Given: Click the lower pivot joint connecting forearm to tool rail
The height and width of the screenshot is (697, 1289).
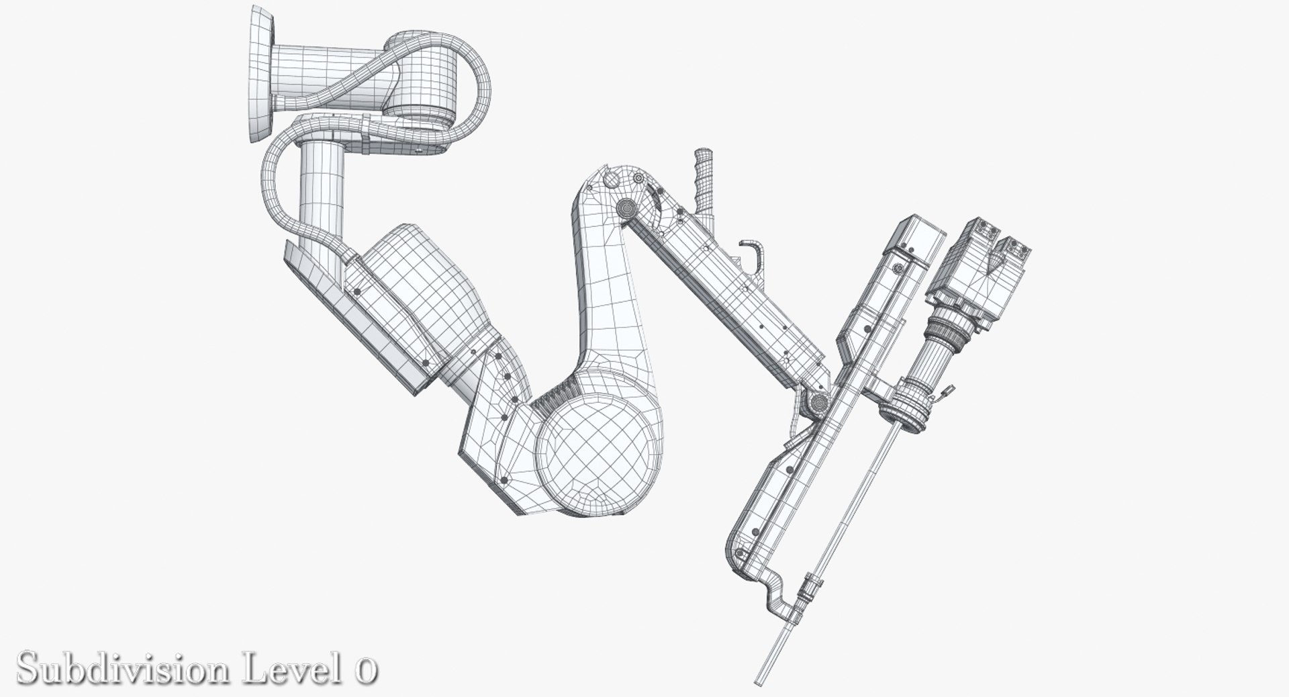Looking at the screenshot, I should pos(819,403).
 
